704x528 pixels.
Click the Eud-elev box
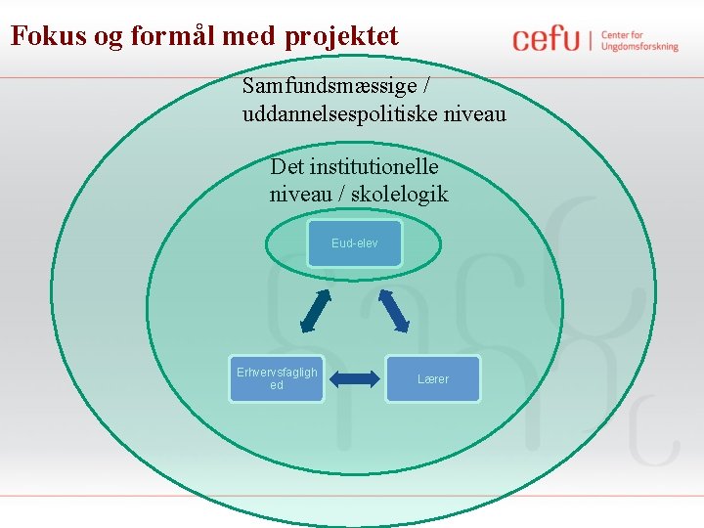pos(354,243)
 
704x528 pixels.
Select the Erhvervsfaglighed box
pos(277,378)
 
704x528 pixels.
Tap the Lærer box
pos(433,378)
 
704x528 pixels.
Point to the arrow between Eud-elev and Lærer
pos(394,311)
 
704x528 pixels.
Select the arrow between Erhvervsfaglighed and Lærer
pos(355,378)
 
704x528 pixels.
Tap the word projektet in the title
pos(342,37)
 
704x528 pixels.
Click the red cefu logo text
pos(546,40)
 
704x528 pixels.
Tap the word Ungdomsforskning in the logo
pos(639,47)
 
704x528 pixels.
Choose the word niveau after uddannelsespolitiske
pos(473,114)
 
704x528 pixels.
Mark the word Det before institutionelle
pos(286,166)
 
